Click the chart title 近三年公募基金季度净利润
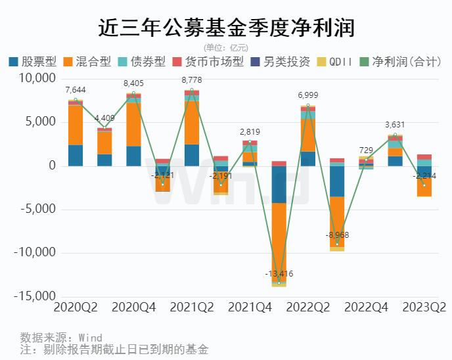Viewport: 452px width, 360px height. [x=226, y=27]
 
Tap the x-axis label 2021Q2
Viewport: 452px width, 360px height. [x=192, y=307]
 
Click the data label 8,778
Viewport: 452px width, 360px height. [x=192, y=81]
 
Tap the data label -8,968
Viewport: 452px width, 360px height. [x=337, y=235]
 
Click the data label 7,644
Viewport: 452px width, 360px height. [x=76, y=90]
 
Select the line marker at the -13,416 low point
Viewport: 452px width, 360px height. [x=279, y=282]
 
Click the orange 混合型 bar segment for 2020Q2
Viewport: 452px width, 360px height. [x=76, y=125]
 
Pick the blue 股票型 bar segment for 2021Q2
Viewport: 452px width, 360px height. [x=192, y=155]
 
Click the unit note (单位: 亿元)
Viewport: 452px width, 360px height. [x=226, y=47]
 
